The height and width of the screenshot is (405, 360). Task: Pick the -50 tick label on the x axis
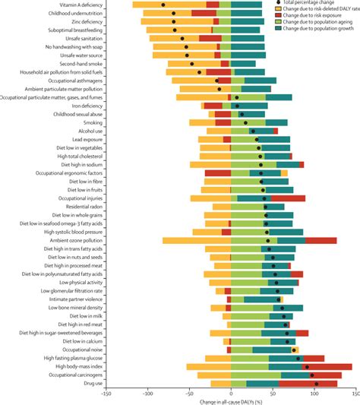point(189,395)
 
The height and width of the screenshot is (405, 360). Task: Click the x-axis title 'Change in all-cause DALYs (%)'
point(231,401)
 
